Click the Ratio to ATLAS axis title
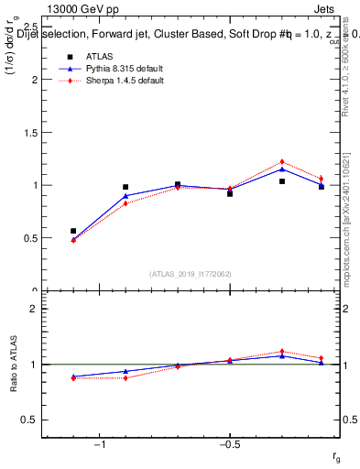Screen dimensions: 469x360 [x=13, y=365]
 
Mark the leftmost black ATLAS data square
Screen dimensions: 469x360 [x=73, y=231]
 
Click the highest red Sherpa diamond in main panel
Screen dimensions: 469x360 [x=282, y=161]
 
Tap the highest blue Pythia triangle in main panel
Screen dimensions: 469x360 [x=282, y=169]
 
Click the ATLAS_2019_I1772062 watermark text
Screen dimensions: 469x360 [x=191, y=273]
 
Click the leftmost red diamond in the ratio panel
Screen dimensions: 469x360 [x=73, y=377]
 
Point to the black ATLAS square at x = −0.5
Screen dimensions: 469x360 [x=230, y=193]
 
